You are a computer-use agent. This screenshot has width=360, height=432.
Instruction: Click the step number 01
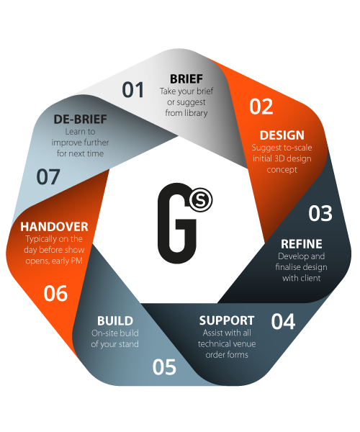132,90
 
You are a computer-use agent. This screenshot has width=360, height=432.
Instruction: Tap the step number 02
261,107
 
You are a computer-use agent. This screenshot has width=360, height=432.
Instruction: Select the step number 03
320,214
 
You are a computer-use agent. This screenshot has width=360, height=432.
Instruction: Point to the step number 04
283,322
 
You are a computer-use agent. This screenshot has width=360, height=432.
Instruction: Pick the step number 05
164,367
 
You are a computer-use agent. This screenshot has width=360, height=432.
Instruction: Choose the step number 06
55,294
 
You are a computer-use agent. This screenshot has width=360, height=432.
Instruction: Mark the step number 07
48,177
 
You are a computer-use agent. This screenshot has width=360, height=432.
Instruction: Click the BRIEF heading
186,79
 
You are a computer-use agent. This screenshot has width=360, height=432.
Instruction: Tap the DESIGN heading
282,135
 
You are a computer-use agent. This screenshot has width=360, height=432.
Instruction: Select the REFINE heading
302,244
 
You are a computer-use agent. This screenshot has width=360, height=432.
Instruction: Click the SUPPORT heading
227,320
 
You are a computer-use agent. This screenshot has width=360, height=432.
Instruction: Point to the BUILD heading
115,321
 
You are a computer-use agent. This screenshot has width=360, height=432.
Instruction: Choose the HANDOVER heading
54,227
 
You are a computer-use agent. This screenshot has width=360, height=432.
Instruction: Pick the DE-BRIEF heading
80,120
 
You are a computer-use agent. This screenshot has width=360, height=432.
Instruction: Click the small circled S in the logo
201,199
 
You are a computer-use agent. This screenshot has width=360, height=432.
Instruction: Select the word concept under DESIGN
282,170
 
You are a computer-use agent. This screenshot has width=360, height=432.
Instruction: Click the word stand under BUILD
128,344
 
